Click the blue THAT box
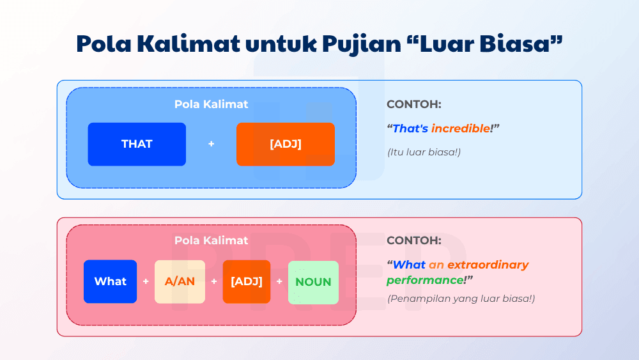click(x=137, y=144)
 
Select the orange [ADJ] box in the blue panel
click(x=285, y=144)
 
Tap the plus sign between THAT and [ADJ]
click(x=212, y=144)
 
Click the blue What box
click(x=110, y=281)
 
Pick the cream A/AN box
click(x=180, y=281)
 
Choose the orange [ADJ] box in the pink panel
click(x=247, y=281)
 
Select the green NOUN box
click(x=313, y=282)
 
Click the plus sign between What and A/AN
click(x=146, y=281)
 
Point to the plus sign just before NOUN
click(x=279, y=281)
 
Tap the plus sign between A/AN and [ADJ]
click(x=214, y=281)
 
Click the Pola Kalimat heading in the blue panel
click(x=212, y=104)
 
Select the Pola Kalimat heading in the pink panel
click(x=212, y=241)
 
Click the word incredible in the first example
click(x=460, y=129)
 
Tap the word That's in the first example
click(x=410, y=129)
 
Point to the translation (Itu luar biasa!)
click(x=424, y=152)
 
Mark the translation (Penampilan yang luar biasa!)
click(x=461, y=299)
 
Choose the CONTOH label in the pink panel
click(x=413, y=241)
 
